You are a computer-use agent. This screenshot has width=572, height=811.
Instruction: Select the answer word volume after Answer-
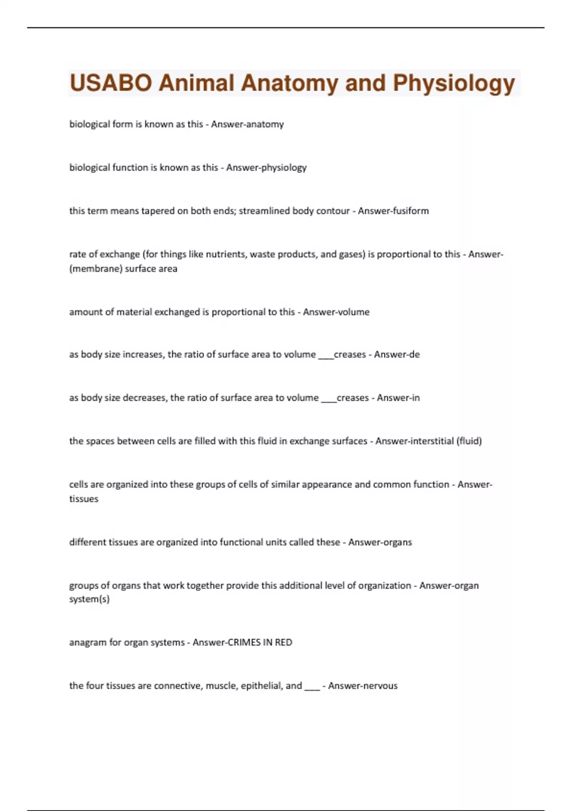[x=354, y=312]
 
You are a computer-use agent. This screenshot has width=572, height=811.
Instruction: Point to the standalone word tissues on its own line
[x=84, y=499]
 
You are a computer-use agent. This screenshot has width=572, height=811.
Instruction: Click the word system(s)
[x=90, y=599]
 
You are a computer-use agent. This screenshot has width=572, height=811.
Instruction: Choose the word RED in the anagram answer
[x=284, y=643]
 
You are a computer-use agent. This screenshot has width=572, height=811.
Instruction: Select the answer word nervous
[x=380, y=686]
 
